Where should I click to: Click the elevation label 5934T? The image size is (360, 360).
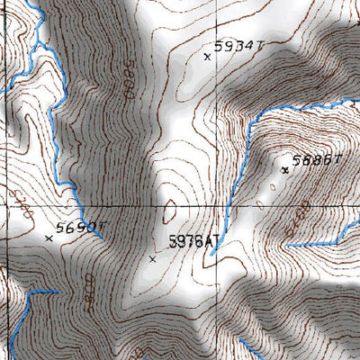236,45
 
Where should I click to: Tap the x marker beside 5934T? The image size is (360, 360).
208,57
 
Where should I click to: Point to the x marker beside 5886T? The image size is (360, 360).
285,169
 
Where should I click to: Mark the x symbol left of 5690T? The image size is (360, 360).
49,238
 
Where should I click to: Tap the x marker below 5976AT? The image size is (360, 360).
152,259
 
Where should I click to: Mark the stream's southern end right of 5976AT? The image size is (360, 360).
212,253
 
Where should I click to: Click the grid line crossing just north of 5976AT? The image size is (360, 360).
180,206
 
